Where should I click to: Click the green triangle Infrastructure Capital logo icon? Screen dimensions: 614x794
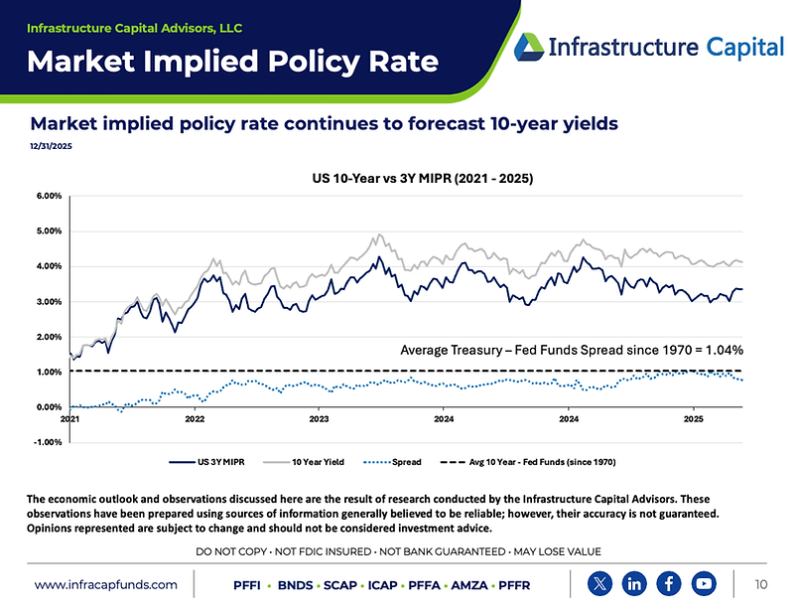(x=529, y=47)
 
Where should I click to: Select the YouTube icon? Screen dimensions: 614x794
(x=705, y=583)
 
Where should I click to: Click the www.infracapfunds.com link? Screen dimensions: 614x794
(x=106, y=585)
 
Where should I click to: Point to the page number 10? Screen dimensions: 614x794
(x=761, y=584)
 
